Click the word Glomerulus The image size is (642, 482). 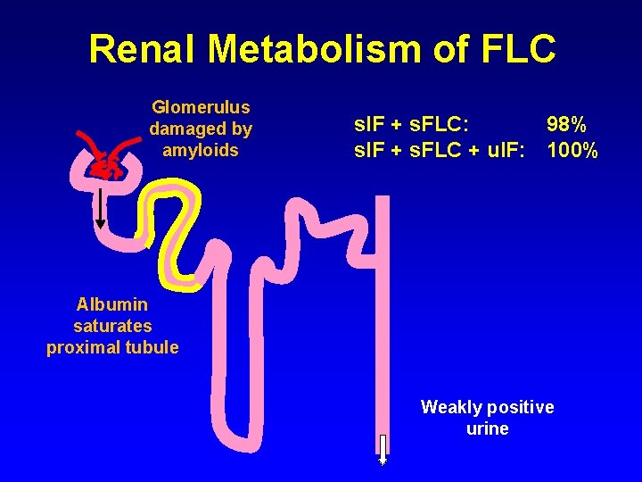point(201,107)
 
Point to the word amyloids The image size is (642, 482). point(201,150)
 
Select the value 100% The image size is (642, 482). point(572,150)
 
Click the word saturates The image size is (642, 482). point(112,326)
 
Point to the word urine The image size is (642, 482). point(487,428)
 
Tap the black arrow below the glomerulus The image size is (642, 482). point(100,205)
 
